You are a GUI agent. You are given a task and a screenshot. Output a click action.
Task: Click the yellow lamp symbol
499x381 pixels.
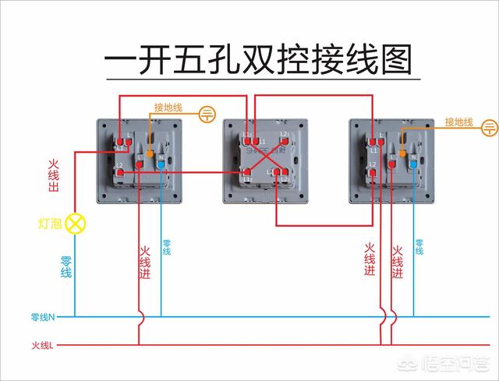[76, 224]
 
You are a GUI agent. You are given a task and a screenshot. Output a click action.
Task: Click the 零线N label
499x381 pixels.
[42, 316]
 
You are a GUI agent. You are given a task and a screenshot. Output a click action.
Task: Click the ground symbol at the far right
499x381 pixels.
[490, 125]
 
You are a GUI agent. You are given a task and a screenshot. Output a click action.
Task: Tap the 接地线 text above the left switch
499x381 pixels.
[168, 108]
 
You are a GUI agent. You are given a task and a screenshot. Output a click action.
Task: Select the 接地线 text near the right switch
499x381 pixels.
[459, 122]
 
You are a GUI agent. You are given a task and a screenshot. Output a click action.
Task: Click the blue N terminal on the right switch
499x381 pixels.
[413, 164]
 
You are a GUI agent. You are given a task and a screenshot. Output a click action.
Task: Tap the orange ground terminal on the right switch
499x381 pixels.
[402, 153]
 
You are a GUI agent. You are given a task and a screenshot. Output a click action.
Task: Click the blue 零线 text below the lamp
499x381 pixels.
[66, 267]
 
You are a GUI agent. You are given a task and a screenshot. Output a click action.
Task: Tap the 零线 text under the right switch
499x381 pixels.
[419, 247]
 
